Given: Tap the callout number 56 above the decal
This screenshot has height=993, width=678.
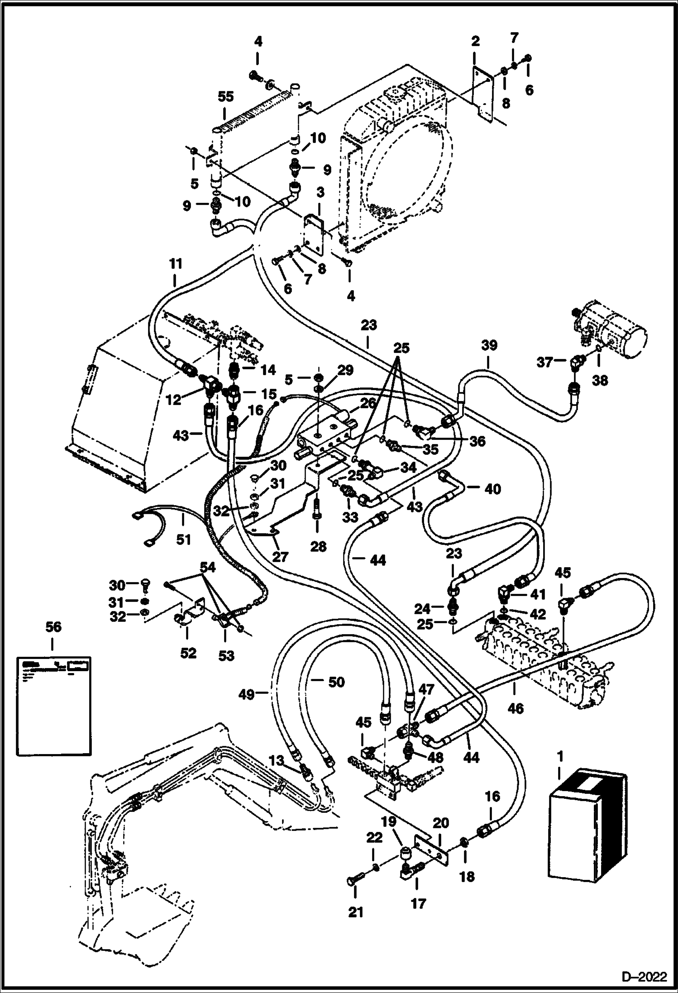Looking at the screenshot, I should [x=53, y=627].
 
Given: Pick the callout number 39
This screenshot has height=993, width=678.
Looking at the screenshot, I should [x=489, y=345].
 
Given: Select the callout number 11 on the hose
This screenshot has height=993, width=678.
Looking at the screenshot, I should [x=176, y=264].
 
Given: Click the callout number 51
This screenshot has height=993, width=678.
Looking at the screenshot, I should [x=183, y=539].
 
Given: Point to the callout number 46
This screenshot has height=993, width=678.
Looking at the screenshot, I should [x=516, y=708].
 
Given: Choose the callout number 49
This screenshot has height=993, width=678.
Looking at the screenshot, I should [x=247, y=694].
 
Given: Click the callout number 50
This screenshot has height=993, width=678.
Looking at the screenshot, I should [x=336, y=682].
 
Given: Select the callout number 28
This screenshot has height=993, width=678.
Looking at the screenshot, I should [x=318, y=547].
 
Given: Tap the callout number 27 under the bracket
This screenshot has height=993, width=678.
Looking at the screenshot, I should [x=280, y=556].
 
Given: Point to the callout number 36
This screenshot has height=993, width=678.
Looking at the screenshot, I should [x=476, y=441].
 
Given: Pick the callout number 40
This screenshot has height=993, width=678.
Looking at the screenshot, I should [x=493, y=489].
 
